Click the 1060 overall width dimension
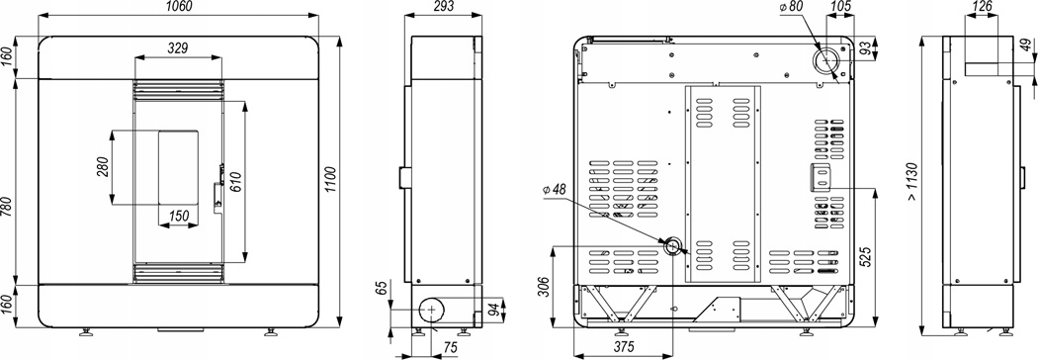(x=177, y=7)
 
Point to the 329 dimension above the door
(x=178, y=48)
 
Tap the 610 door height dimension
(x=234, y=181)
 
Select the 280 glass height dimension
(x=102, y=168)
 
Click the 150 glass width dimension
(x=179, y=215)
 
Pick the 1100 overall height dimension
(x=331, y=180)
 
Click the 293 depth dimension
(x=443, y=7)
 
